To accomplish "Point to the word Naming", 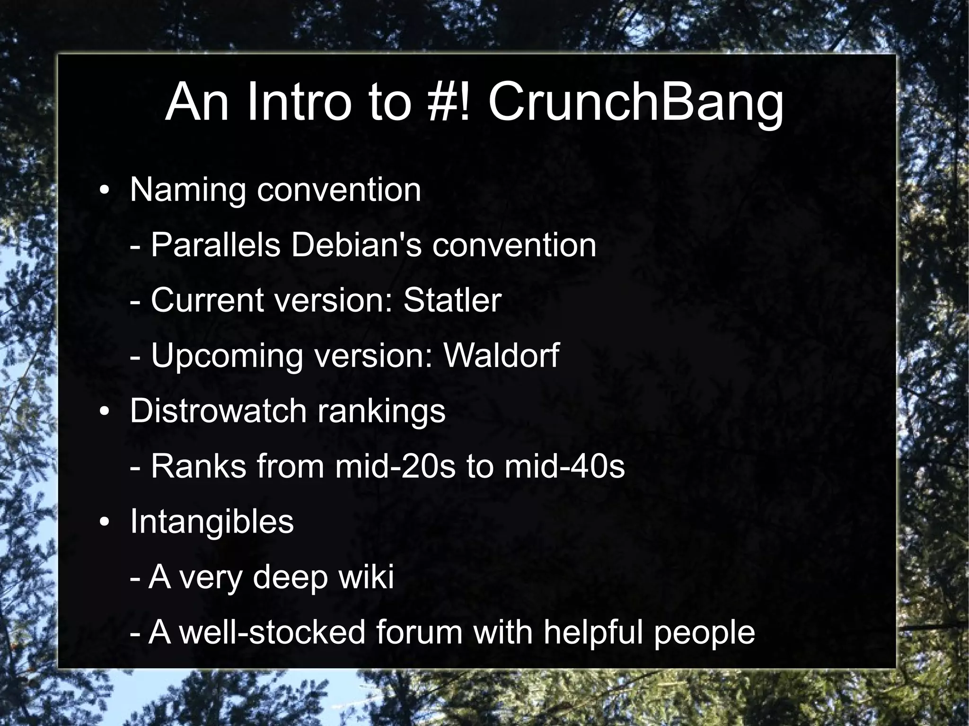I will pyautogui.click(x=188, y=191).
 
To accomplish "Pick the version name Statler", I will pyautogui.click(x=452, y=300).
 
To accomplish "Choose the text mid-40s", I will pyautogui.click(x=564, y=466).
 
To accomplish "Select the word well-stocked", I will pyautogui.click(x=273, y=632).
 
